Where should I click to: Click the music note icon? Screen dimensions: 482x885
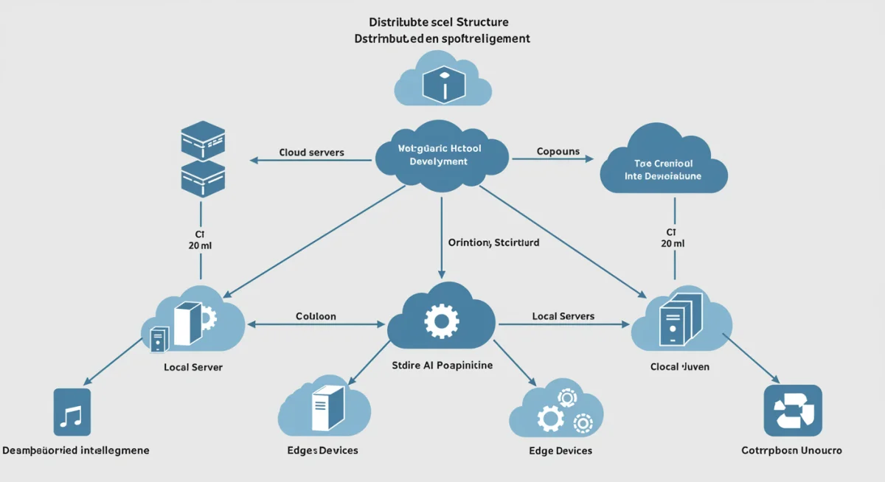(x=72, y=412)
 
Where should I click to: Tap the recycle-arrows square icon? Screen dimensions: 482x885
(x=792, y=411)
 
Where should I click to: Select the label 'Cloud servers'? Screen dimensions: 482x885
(x=311, y=153)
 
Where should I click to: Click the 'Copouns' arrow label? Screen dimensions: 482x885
(x=558, y=152)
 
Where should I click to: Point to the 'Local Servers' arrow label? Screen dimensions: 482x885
(x=563, y=316)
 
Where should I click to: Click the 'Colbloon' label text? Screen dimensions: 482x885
(x=316, y=316)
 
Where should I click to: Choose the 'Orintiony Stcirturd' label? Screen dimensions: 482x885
(x=493, y=242)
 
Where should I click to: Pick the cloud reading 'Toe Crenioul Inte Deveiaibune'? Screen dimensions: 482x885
(x=664, y=162)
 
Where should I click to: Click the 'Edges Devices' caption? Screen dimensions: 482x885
(x=322, y=450)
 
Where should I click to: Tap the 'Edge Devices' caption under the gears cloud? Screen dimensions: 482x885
(x=560, y=450)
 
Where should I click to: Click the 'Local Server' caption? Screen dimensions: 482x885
(x=192, y=366)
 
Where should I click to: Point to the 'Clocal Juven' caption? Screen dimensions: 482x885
(x=679, y=366)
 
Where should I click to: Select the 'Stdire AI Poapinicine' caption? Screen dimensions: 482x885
(x=441, y=365)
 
